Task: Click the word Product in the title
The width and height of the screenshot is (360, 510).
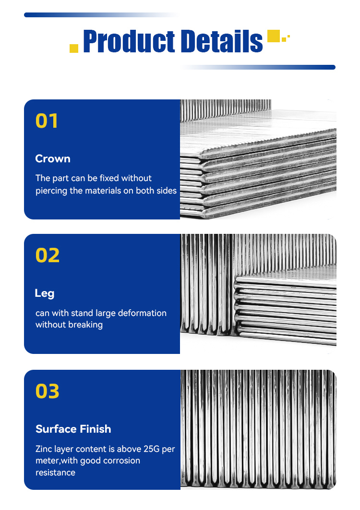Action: coord(129,41)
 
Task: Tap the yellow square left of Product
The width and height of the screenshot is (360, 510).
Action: coord(74,48)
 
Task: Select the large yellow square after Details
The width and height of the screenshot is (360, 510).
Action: coord(274,36)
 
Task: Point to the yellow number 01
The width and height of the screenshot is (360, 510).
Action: coord(47,121)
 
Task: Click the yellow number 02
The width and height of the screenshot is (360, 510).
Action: coord(48,255)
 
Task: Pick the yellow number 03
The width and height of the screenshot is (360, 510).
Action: coord(48,391)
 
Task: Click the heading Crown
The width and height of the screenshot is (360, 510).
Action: coord(53,159)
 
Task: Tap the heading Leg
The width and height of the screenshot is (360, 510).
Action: coord(45,293)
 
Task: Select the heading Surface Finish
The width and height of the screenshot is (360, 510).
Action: coord(73,429)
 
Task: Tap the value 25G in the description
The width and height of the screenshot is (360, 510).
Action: coord(152,449)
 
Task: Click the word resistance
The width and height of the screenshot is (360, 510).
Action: coord(55,473)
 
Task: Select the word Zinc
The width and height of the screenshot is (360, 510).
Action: coord(44,449)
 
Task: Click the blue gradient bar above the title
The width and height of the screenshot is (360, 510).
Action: coord(101,15)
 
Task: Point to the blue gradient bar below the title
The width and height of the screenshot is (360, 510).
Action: coord(258,67)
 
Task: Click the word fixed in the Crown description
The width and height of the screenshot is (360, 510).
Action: coord(109,178)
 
